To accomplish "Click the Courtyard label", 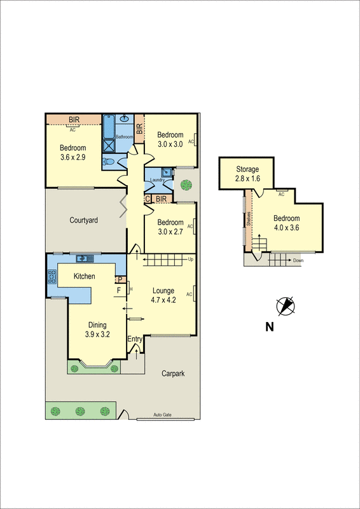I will coord(83,220).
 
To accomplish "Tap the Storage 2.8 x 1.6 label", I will coord(247,174).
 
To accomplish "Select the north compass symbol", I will coord(286,306).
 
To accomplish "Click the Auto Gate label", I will coord(163,415).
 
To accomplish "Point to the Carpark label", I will coord(172,373).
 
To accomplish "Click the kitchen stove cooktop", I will coord(52,277).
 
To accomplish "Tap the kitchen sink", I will coord(83,258).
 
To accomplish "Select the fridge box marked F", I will coord(118,291).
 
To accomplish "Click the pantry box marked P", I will coord(118,279).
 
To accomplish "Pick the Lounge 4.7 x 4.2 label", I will coord(163,295).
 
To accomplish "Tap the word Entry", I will coord(135,339).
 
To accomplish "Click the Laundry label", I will coord(158,180).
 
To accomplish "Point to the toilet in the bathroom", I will coord(109,162).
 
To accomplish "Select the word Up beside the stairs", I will coord(190,260).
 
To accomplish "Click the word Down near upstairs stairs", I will coord(298,260).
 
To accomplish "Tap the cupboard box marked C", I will coord(148,199).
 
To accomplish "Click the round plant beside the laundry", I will coord(185,185).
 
